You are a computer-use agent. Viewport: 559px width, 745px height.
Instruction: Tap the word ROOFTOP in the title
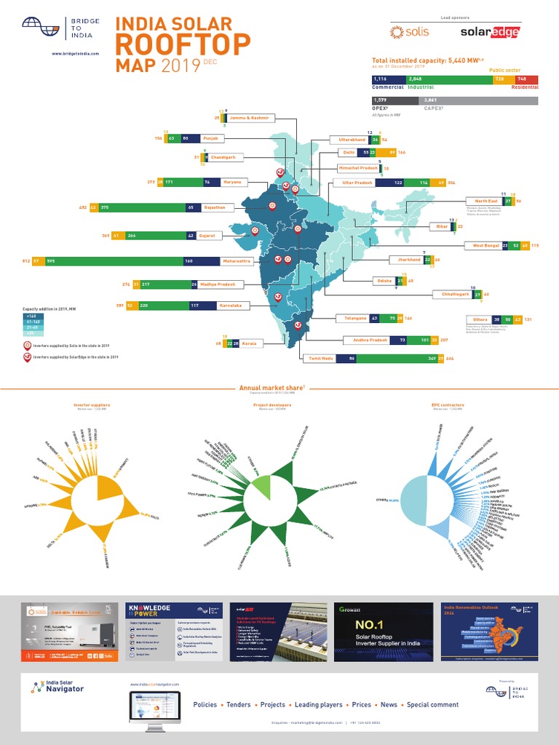pos(183,45)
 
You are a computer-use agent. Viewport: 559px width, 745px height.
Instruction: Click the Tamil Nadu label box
pos(319,359)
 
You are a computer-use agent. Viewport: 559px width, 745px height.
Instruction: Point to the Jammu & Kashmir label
pos(249,117)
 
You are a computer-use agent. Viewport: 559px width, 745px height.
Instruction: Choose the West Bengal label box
pos(486,246)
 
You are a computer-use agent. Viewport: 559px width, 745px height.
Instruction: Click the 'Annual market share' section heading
pos(273,389)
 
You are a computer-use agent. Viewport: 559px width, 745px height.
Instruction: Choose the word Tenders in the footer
pos(239,705)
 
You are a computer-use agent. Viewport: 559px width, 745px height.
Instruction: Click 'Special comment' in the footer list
pos(432,705)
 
